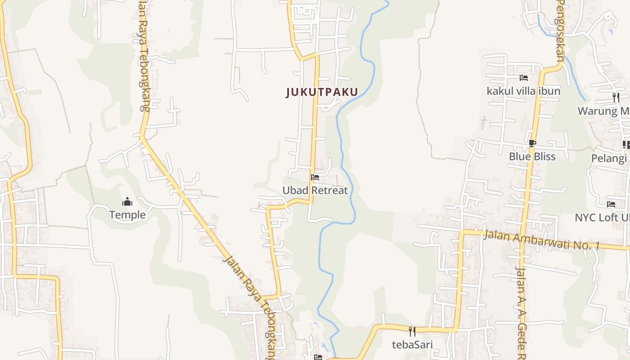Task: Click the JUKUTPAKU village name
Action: [322, 92]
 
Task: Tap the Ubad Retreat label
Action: [315, 190]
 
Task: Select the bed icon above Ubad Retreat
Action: [315, 177]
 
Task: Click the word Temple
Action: [127, 215]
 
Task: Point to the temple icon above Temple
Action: [127, 201]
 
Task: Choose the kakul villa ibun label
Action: [523, 91]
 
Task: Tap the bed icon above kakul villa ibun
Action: [523, 78]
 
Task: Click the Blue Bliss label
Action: [532, 156]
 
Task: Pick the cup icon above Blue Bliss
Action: [532, 144]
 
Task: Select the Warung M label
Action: [603, 111]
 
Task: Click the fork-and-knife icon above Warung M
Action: [616, 97]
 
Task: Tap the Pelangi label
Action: [608, 158]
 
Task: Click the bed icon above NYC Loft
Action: [611, 204]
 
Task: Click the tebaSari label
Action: [412, 345]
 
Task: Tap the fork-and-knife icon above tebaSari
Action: [412, 332]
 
